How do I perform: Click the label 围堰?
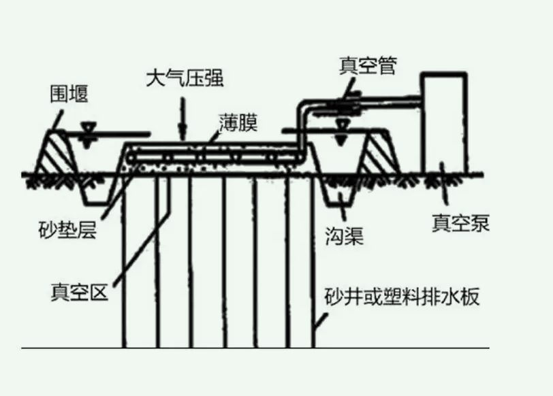coord(69,94)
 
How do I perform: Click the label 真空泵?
coord(460,222)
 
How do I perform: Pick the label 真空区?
coord(79,295)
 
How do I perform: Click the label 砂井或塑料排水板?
coord(402,298)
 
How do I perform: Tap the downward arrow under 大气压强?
coord(182,119)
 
